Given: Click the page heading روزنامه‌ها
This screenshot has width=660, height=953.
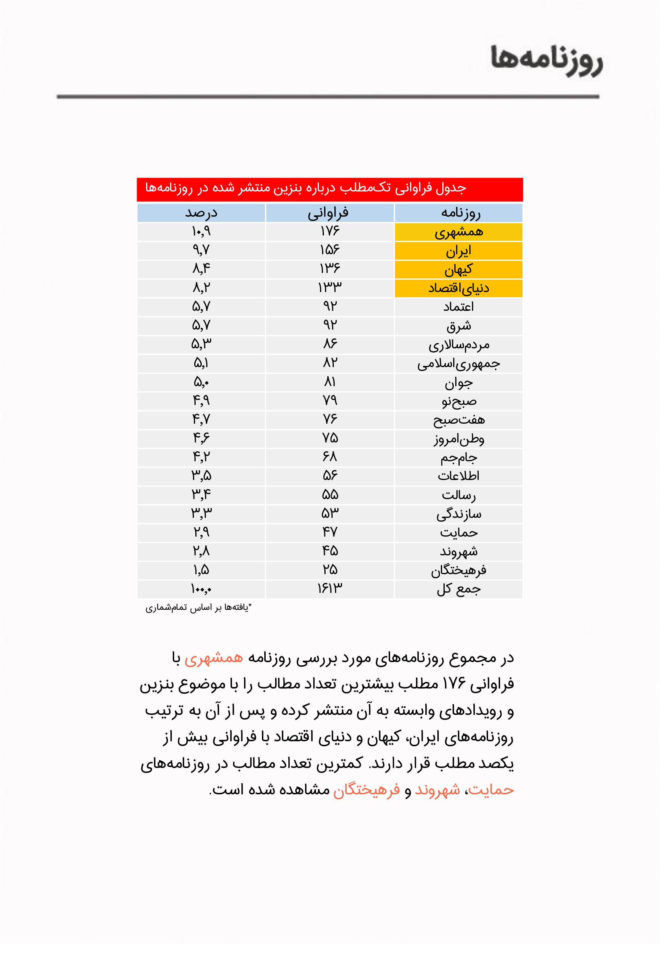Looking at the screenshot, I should click(x=547, y=60).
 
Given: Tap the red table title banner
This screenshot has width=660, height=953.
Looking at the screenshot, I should click(x=330, y=189).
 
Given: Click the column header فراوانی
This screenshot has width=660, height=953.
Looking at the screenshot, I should click(x=330, y=213).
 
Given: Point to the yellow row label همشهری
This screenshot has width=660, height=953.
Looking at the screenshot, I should click(x=458, y=232).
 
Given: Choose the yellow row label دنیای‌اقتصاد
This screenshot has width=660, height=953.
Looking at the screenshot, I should click(x=458, y=288).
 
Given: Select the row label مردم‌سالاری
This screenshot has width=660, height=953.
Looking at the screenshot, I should click(x=458, y=345).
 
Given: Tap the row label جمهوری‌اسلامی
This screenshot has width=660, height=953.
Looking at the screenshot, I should click(x=458, y=364).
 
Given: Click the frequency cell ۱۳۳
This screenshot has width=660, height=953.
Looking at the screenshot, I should click(x=330, y=288).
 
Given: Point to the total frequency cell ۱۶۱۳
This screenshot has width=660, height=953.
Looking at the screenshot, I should click(x=330, y=589).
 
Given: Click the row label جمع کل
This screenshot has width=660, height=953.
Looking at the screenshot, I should click(x=458, y=589).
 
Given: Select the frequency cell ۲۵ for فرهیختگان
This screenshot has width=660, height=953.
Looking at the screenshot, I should click(x=330, y=570).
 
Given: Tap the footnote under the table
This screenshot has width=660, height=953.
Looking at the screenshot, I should click(x=199, y=608).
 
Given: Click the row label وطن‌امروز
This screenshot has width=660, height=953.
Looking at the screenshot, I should click(x=458, y=438).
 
